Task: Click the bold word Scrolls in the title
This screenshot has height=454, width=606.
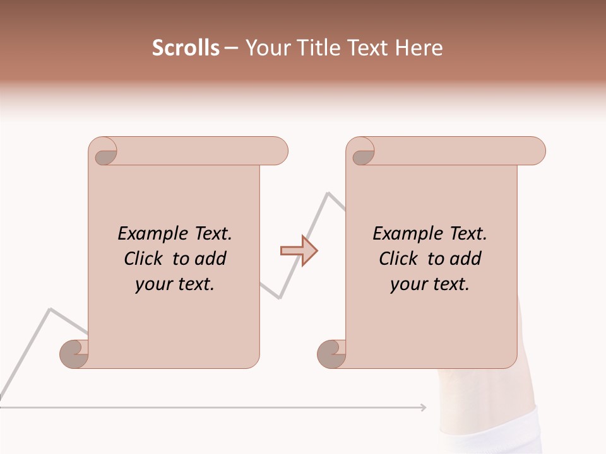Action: [186, 48]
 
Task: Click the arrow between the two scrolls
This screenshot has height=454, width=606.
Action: [299, 251]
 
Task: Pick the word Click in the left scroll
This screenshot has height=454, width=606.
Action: [145, 259]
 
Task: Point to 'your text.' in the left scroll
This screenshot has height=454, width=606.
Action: [175, 284]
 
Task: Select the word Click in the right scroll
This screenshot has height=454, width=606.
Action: [400, 259]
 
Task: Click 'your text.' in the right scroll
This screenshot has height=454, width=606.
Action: [430, 284]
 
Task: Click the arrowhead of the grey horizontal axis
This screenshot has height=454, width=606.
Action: [424, 407]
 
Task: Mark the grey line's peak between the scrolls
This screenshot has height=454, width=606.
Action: [328, 192]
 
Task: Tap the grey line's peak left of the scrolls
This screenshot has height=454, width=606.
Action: [50, 309]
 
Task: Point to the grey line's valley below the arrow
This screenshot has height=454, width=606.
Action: [279, 298]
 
